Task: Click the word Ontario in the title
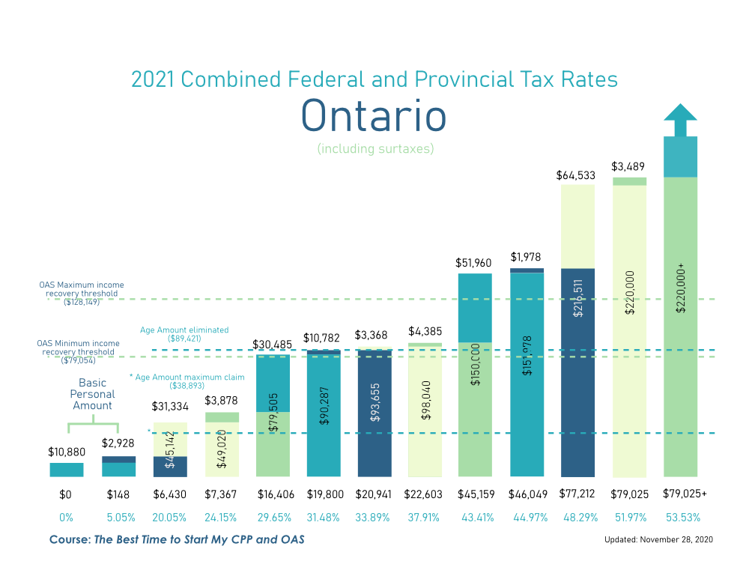point(374,116)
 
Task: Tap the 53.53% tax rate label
point(680,518)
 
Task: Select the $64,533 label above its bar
point(577,176)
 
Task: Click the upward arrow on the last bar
point(680,120)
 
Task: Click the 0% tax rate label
point(66,518)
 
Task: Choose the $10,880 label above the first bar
point(66,452)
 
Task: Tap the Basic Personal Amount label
point(92,394)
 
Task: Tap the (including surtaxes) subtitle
point(375,149)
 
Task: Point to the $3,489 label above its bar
point(628,166)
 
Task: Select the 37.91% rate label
point(425,518)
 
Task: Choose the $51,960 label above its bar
point(475,263)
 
